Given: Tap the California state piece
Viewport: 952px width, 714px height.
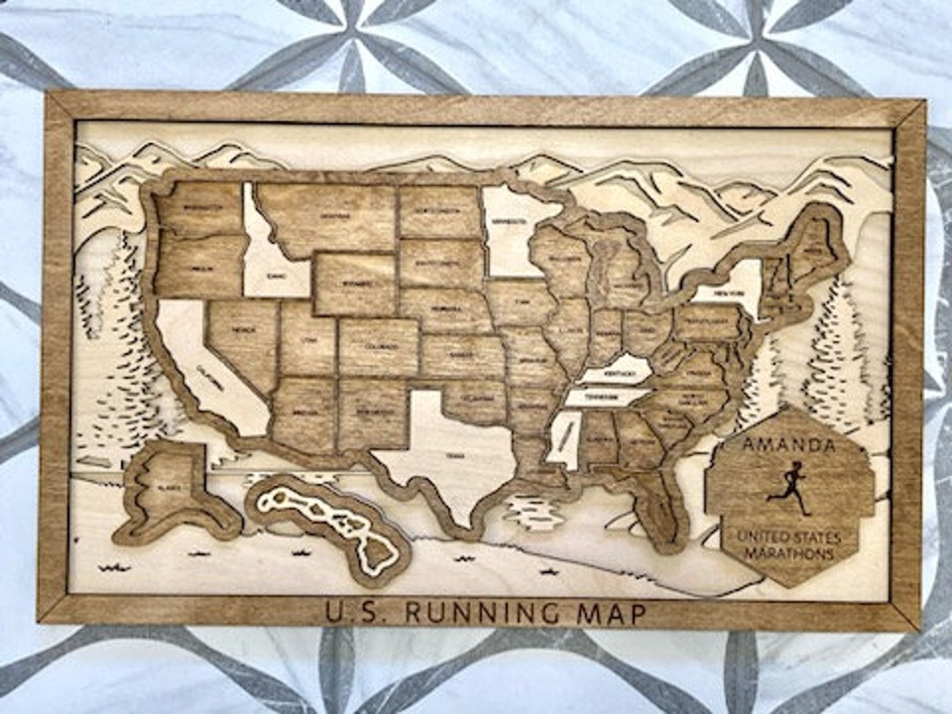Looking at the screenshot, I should (x=216, y=370).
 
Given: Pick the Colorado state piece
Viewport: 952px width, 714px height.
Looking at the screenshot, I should (x=378, y=346).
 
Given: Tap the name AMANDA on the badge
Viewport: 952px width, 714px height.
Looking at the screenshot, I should (x=789, y=445).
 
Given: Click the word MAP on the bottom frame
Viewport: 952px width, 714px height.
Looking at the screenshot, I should (x=610, y=613).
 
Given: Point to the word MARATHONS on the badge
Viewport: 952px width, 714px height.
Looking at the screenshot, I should (x=788, y=554).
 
